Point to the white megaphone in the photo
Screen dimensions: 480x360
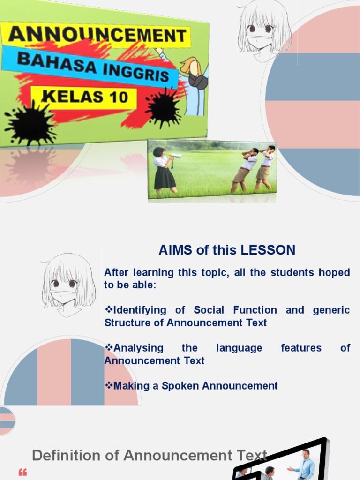175,156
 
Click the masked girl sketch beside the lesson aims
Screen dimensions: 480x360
68,284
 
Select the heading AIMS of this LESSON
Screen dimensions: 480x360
227,250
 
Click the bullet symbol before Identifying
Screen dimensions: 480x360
109,310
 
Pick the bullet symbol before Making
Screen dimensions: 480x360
109,386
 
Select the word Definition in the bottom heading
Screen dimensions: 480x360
66,455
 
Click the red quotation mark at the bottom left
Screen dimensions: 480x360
22,472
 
